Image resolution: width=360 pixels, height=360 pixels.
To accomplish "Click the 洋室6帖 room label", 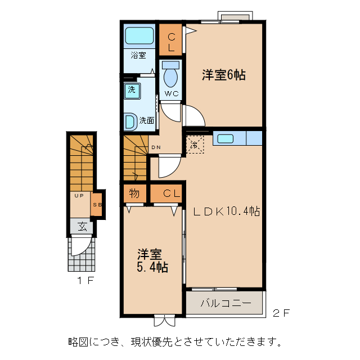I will point(223,75).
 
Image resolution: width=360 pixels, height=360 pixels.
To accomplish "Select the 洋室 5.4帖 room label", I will point(151,260).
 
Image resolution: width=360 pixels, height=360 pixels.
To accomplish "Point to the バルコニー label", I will point(225,304).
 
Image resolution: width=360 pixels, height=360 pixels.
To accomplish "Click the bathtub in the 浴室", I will point(139,37).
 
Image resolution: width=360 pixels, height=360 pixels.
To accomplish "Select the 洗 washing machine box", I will point(131,89).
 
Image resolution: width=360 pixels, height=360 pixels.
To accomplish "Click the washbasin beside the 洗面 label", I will point(129,120).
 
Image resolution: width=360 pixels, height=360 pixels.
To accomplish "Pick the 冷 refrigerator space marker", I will point(195,145).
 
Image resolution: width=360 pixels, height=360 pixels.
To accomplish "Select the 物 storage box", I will point(134,194).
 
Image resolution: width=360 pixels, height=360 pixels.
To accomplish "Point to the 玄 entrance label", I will point(82,227).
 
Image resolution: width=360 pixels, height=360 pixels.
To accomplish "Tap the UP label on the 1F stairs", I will point(78,196).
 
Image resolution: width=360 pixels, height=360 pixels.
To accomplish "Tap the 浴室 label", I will point(138,55).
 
